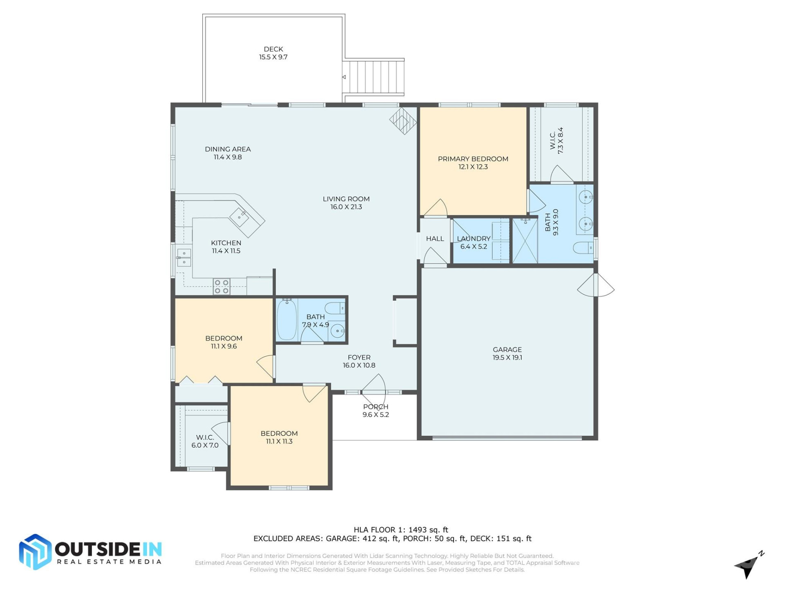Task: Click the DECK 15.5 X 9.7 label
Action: pos(273,53)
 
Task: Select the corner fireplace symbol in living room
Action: pos(403,121)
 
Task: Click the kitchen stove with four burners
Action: pos(222,286)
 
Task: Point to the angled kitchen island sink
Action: pos(239,217)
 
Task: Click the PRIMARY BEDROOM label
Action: pos(473,162)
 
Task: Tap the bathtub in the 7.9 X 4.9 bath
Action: pos(287,319)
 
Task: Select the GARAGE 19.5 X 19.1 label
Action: pos(507,353)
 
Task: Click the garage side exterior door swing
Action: pos(596,286)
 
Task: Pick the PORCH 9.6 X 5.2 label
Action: pos(375,411)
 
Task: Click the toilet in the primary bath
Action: pos(583,248)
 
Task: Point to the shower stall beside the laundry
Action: pos(525,241)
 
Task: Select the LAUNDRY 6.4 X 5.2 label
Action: pos(473,242)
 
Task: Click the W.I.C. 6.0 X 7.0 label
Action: pos(205,441)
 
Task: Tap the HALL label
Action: pos(435,239)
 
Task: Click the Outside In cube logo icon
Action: pos(35,552)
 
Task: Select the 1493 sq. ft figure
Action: pos(428,530)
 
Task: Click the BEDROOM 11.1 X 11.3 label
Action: pos(279,437)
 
